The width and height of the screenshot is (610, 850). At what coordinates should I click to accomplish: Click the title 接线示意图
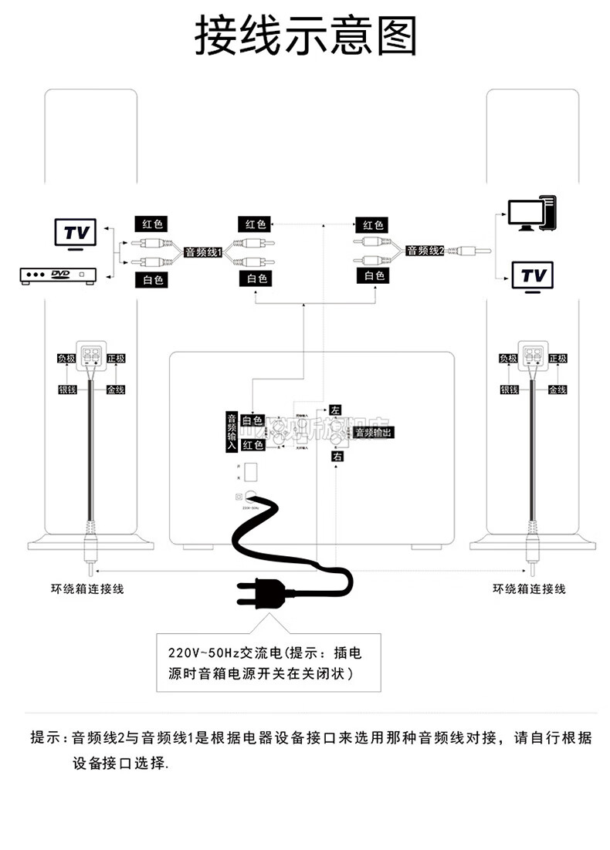[x=305, y=35]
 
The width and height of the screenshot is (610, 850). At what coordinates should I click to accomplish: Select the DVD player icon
[x=59, y=275]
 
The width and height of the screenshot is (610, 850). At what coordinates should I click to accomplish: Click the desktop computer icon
[x=532, y=214]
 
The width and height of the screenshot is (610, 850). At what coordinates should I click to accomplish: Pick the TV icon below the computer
[x=533, y=276]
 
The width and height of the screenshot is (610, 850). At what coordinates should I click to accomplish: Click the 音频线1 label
[x=204, y=251]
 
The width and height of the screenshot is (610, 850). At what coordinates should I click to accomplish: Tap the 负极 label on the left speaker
[x=67, y=359]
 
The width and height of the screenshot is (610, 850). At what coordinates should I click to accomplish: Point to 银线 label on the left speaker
[x=67, y=390]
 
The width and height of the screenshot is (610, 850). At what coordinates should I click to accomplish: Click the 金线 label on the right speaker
[x=557, y=390]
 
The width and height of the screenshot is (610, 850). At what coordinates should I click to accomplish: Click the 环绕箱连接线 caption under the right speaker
[x=529, y=589]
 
